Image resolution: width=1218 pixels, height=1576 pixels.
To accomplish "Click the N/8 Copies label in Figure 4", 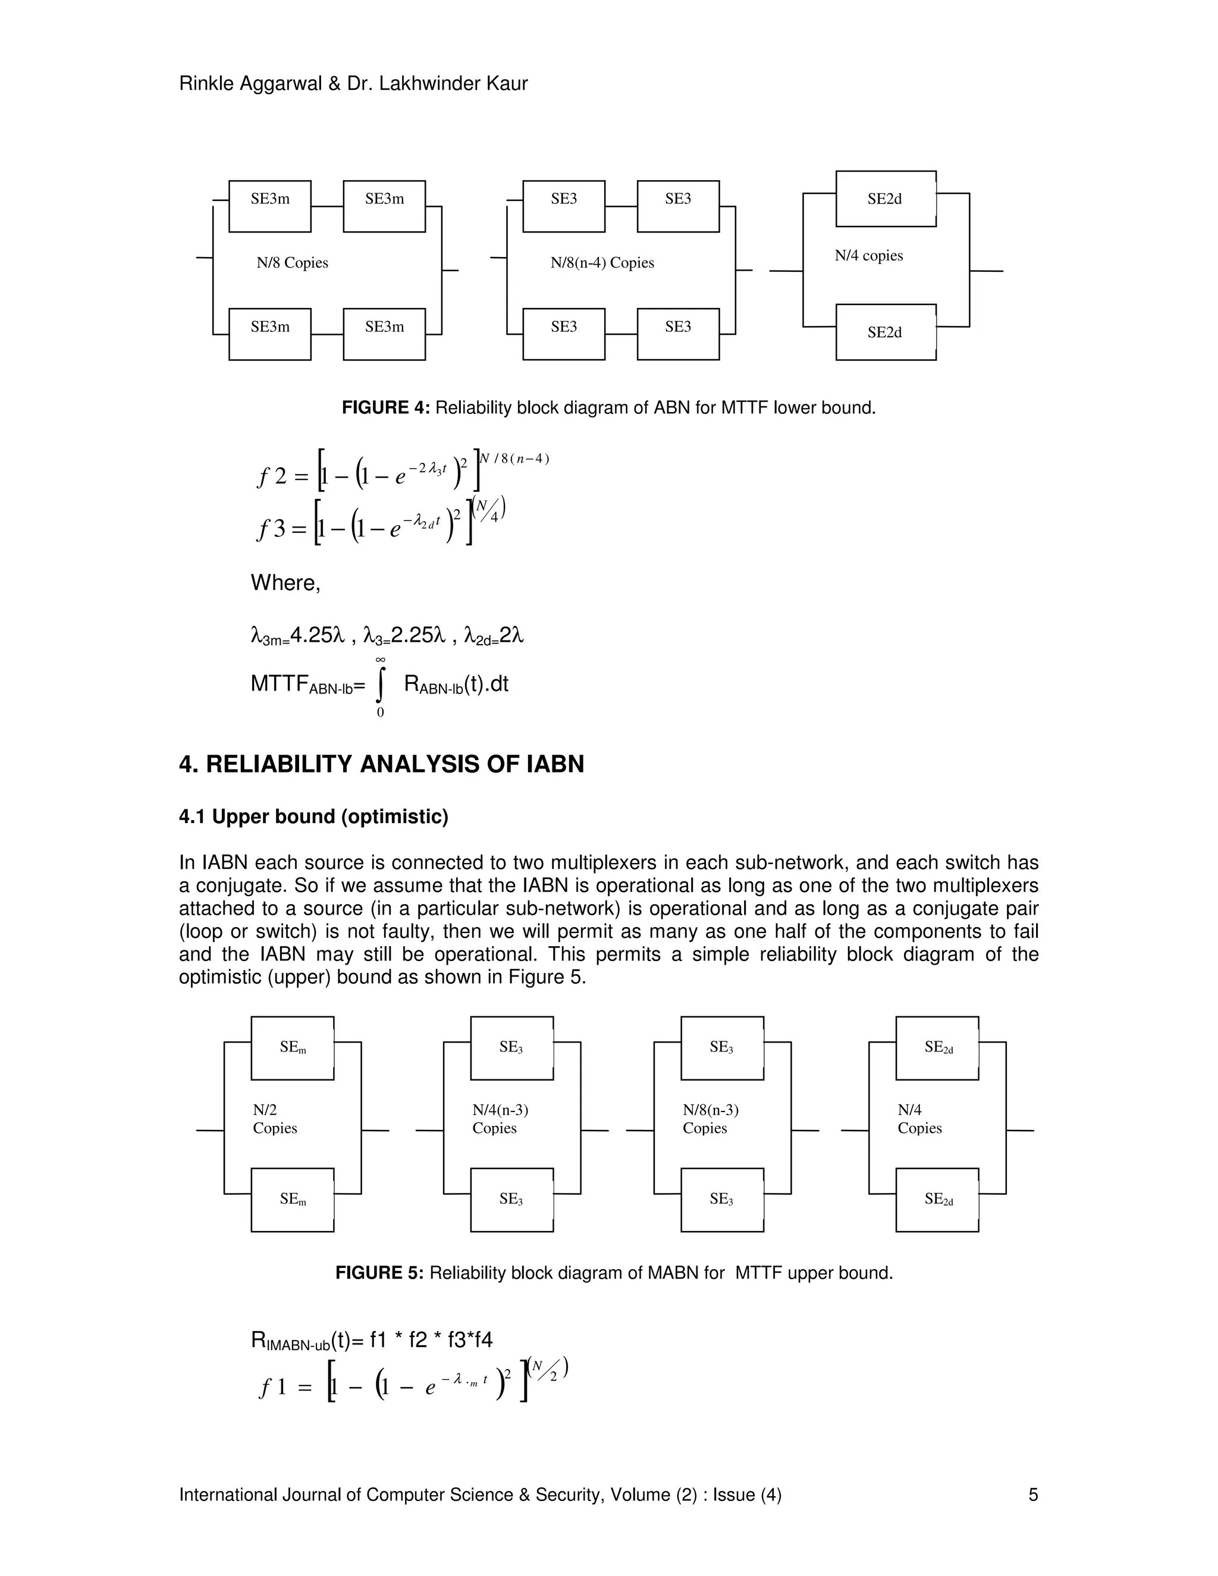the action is tap(292, 263).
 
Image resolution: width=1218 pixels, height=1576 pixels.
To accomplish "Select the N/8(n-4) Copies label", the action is tap(602, 263).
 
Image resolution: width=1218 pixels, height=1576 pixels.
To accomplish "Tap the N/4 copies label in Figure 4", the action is tap(869, 256).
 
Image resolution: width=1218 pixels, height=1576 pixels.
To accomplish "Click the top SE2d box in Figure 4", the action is tap(886, 199).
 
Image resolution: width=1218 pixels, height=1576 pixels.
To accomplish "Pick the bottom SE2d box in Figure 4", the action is tap(886, 332).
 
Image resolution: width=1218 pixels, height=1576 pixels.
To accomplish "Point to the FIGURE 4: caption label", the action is tap(385, 408).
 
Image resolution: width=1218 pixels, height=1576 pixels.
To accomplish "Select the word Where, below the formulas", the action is tap(285, 583).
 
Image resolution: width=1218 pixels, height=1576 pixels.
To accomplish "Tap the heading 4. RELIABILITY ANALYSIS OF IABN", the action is tap(381, 764).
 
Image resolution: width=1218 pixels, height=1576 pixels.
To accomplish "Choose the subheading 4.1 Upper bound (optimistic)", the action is tap(313, 817).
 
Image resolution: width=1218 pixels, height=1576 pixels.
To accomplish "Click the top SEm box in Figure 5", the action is tap(292, 1048).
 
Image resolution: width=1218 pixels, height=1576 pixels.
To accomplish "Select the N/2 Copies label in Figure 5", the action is tap(274, 1119).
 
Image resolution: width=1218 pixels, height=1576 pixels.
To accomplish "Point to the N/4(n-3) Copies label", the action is tap(500, 1119).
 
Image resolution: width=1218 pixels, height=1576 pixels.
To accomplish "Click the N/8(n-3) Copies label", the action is tap(711, 1119).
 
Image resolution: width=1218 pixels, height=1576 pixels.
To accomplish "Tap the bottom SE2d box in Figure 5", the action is tap(937, 1200).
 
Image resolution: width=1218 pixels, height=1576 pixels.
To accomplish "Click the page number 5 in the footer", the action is tap(1032, 1495).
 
